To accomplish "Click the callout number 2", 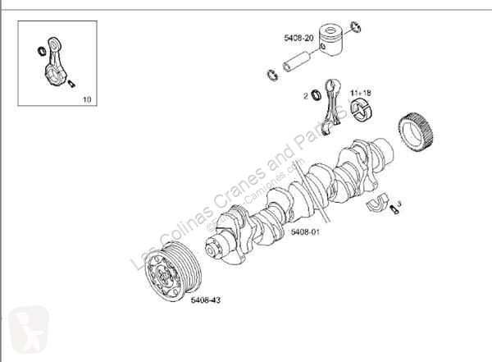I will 306,97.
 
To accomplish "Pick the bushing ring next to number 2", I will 316,97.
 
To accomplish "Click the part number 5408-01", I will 304,232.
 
